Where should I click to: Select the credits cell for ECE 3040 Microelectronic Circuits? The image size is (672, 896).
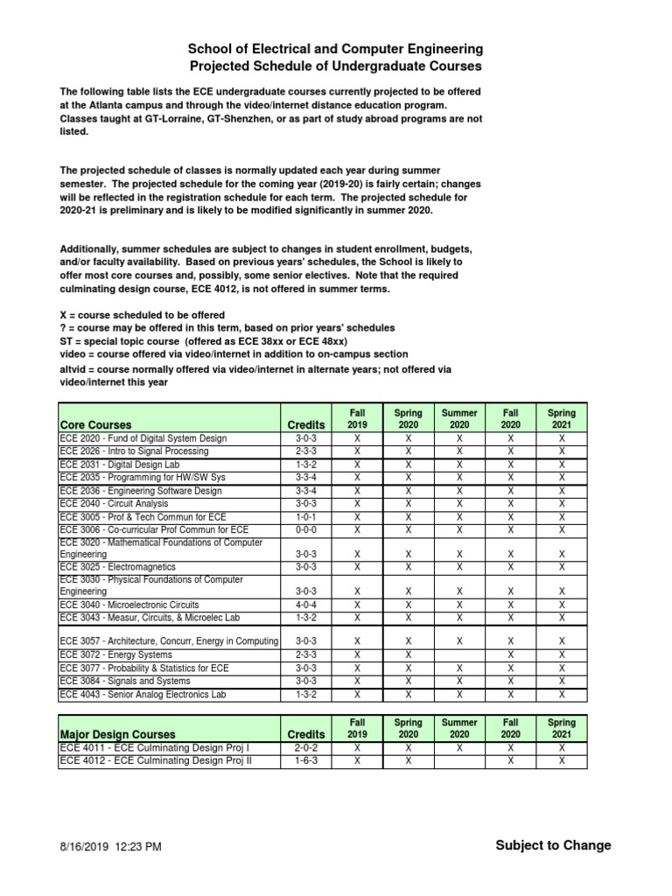coord(306,605)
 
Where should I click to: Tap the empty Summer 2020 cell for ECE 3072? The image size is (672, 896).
coord(459,654)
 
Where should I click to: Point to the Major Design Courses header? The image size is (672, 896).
coord(117,734)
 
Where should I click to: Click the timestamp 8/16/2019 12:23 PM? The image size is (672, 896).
coord(110,846)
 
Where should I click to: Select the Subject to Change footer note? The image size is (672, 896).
coord(553,845)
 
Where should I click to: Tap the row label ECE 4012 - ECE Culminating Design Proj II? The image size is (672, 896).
coord(155,761)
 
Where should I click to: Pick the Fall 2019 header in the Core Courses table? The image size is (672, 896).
coord(357,418)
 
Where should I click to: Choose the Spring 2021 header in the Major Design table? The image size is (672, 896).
coord(562,728)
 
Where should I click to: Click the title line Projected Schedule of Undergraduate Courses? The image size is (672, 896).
coord(336,66)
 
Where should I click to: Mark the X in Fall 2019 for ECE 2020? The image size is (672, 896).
coord(357,438)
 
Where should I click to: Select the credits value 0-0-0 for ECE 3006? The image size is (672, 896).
coord(306,529)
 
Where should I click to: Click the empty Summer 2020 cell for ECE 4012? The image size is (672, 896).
coord(459,761)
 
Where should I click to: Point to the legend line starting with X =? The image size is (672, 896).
coord(142,315)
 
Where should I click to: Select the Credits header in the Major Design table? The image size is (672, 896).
coord(306,734)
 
